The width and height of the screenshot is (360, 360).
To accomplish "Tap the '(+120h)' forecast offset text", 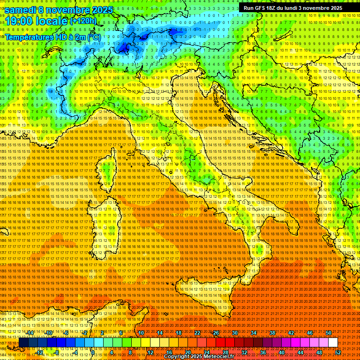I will (83, 21).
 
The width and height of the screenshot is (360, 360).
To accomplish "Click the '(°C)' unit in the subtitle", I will (93, 37).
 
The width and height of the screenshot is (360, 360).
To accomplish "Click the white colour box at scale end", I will (333, 343).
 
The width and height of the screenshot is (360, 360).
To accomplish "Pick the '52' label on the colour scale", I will (338, 352).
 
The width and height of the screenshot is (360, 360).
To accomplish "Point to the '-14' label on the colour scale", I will (30, 332).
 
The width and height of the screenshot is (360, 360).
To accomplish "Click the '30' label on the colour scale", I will (234, 332).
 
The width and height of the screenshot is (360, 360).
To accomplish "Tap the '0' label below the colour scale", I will (93, 352).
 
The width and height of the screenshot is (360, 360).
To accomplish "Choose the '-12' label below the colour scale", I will (39, 352).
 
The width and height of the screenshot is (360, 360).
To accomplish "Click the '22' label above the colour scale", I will (197, 332).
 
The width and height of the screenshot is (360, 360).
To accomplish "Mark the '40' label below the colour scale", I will (282, 352).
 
